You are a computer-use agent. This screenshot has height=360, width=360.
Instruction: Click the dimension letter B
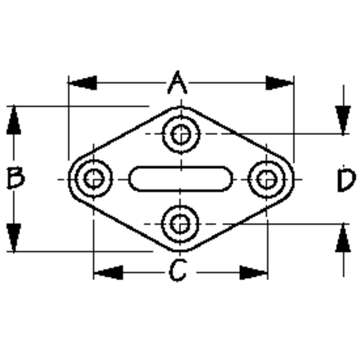pyautogui.click(x=16, y=178)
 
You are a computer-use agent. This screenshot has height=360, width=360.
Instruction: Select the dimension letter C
pyautogui.click(x=178, y=270)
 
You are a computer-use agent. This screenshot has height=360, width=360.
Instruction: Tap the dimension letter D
pyautogui.click(x=347, y=180)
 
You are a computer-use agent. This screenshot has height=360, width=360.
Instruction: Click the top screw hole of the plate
pyautogui.click(x=181, y=134)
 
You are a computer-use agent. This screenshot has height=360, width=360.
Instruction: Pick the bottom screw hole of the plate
pyautogui.click(x=180, y=224)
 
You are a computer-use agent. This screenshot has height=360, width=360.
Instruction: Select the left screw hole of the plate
pyautogui.click(x=94, y=179)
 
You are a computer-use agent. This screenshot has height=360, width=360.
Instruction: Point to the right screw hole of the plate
pyautogui.click(x=266, y=179)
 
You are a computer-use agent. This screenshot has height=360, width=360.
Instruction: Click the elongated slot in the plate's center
pyautogui.click(x=181, y=179)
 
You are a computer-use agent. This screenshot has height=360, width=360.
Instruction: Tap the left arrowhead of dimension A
pyautogui.click(x=83, y=83)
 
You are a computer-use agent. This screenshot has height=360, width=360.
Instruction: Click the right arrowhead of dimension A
pyautogui.click(x=280, y=83)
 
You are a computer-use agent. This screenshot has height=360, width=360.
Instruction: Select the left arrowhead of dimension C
pyautogui.click(x=108, y=273)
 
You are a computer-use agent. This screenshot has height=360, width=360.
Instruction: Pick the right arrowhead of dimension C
pyautogui.click(x=254, y=273)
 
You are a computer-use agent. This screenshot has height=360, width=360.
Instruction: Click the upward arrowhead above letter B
pyautogui.click(x=14, y=120)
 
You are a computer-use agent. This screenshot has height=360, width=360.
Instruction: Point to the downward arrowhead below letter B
pyautogui.click(x=14, y=238)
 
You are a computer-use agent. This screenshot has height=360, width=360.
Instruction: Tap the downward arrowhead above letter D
pyautogui.click(x=343, y=120)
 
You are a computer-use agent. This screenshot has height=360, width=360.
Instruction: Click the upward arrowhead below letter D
pyautogui.click(x=343, y=237)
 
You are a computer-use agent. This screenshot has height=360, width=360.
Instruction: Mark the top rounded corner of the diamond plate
pyautogui.click(x=181, y=108)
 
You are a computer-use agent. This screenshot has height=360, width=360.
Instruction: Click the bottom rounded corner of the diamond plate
pyautogui.click(x=180, y=250)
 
